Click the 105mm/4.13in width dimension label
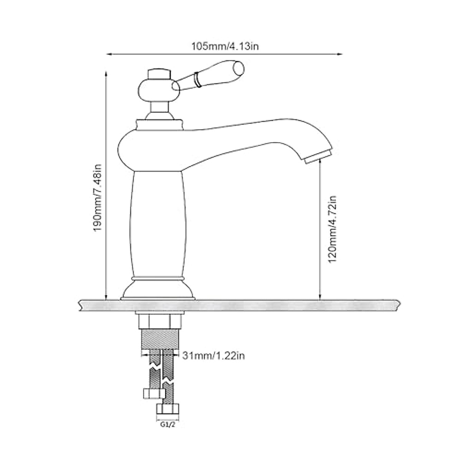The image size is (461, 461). coord(225,46)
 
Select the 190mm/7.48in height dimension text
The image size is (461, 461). coord(98,198)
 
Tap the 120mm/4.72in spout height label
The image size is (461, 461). coord(332,229)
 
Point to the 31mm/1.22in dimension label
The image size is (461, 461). coord(213,356)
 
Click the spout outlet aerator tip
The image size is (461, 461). coord(318,158)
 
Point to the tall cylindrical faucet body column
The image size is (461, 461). coord(158,223)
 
